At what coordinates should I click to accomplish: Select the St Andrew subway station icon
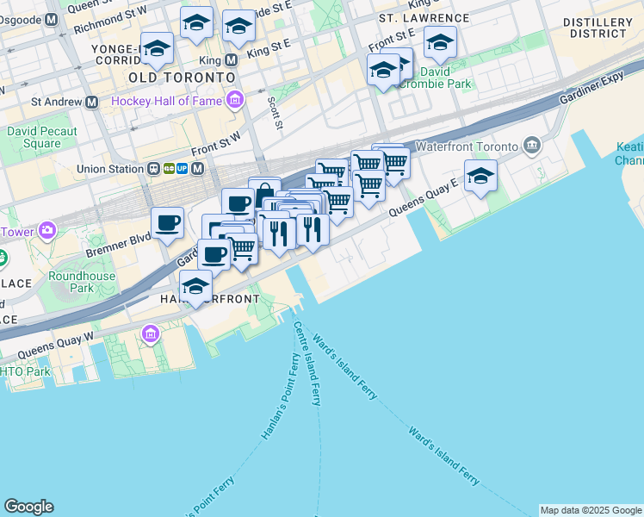[90, 102]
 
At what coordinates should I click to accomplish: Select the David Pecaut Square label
[42, 137]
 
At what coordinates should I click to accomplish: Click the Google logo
[28, 507]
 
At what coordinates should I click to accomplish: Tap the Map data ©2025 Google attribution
[590, 510]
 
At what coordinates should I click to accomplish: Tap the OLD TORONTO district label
[181, 78]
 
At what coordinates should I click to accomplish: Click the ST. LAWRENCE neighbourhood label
[424, 18]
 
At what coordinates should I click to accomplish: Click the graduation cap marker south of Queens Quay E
[480, 177]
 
